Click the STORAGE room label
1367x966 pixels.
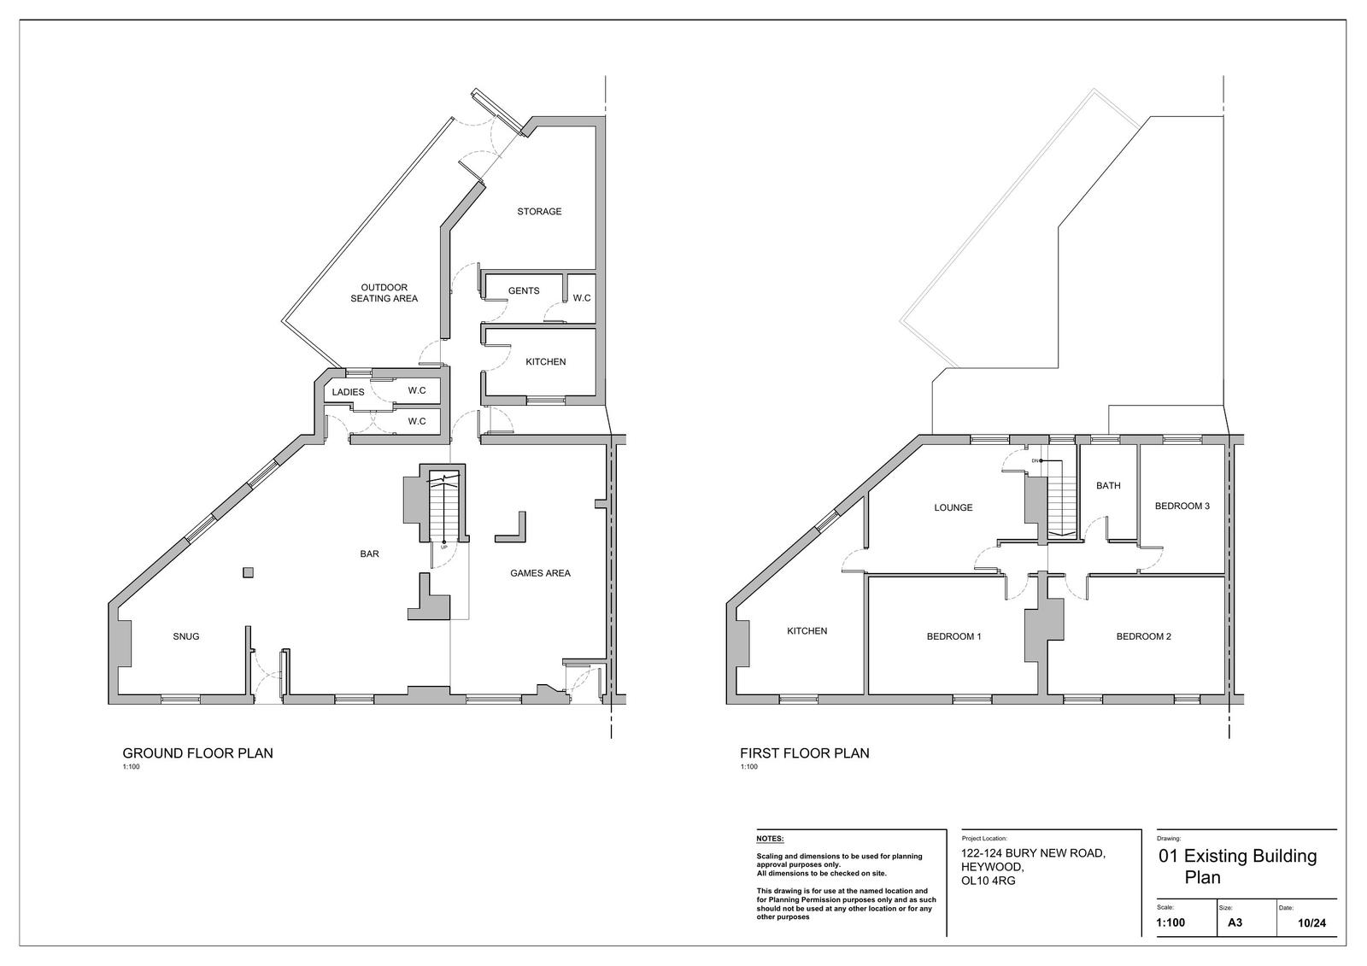(x=539, y=212)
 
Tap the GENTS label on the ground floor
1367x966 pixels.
(x=524, y=291)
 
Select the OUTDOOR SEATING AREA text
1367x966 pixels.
(x=384, y=293)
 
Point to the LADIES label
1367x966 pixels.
(x=348, y=392)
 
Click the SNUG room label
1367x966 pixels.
(x=186, y=636)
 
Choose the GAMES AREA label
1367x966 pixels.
(x=540, y=573)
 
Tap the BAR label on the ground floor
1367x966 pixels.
(x=369, y=554)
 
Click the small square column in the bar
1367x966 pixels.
(x=248, y=572)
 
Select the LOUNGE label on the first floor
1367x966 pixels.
(x=953, y=507)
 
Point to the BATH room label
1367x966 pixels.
(x=1108, y=486)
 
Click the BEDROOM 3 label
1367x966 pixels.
(x=1182, y=506)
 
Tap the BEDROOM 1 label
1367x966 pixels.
(x=953, y=636)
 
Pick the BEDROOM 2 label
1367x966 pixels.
(x=1144, y=636)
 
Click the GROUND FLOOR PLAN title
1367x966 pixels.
(x=197, y=753)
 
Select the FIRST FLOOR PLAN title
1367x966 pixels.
(x=804, y=753)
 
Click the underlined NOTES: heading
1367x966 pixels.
(x=770, y=839)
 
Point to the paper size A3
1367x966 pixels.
(x=1235, y=922)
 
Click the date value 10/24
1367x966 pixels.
(x=1311, y=923)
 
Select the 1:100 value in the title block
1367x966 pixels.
(x=1170, y=922)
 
